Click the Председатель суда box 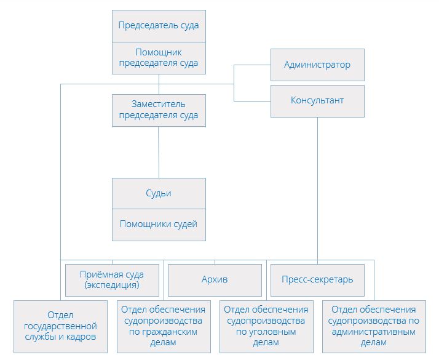(159, 26)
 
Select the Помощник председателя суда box (159, 58)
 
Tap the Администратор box (317, 65)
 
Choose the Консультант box (317, 100)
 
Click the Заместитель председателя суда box (159, 110)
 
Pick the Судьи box (159, 193)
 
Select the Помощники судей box (159, 224)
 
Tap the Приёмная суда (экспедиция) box (112, 279)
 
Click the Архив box (215, 279)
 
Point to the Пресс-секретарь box (317, 279)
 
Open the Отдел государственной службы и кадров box (60, 326)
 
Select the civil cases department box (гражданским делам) (163, 326)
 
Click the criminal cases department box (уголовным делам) (266, 326)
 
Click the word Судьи (159, 193)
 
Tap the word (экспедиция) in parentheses (112, 285)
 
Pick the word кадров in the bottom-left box (81, 337)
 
